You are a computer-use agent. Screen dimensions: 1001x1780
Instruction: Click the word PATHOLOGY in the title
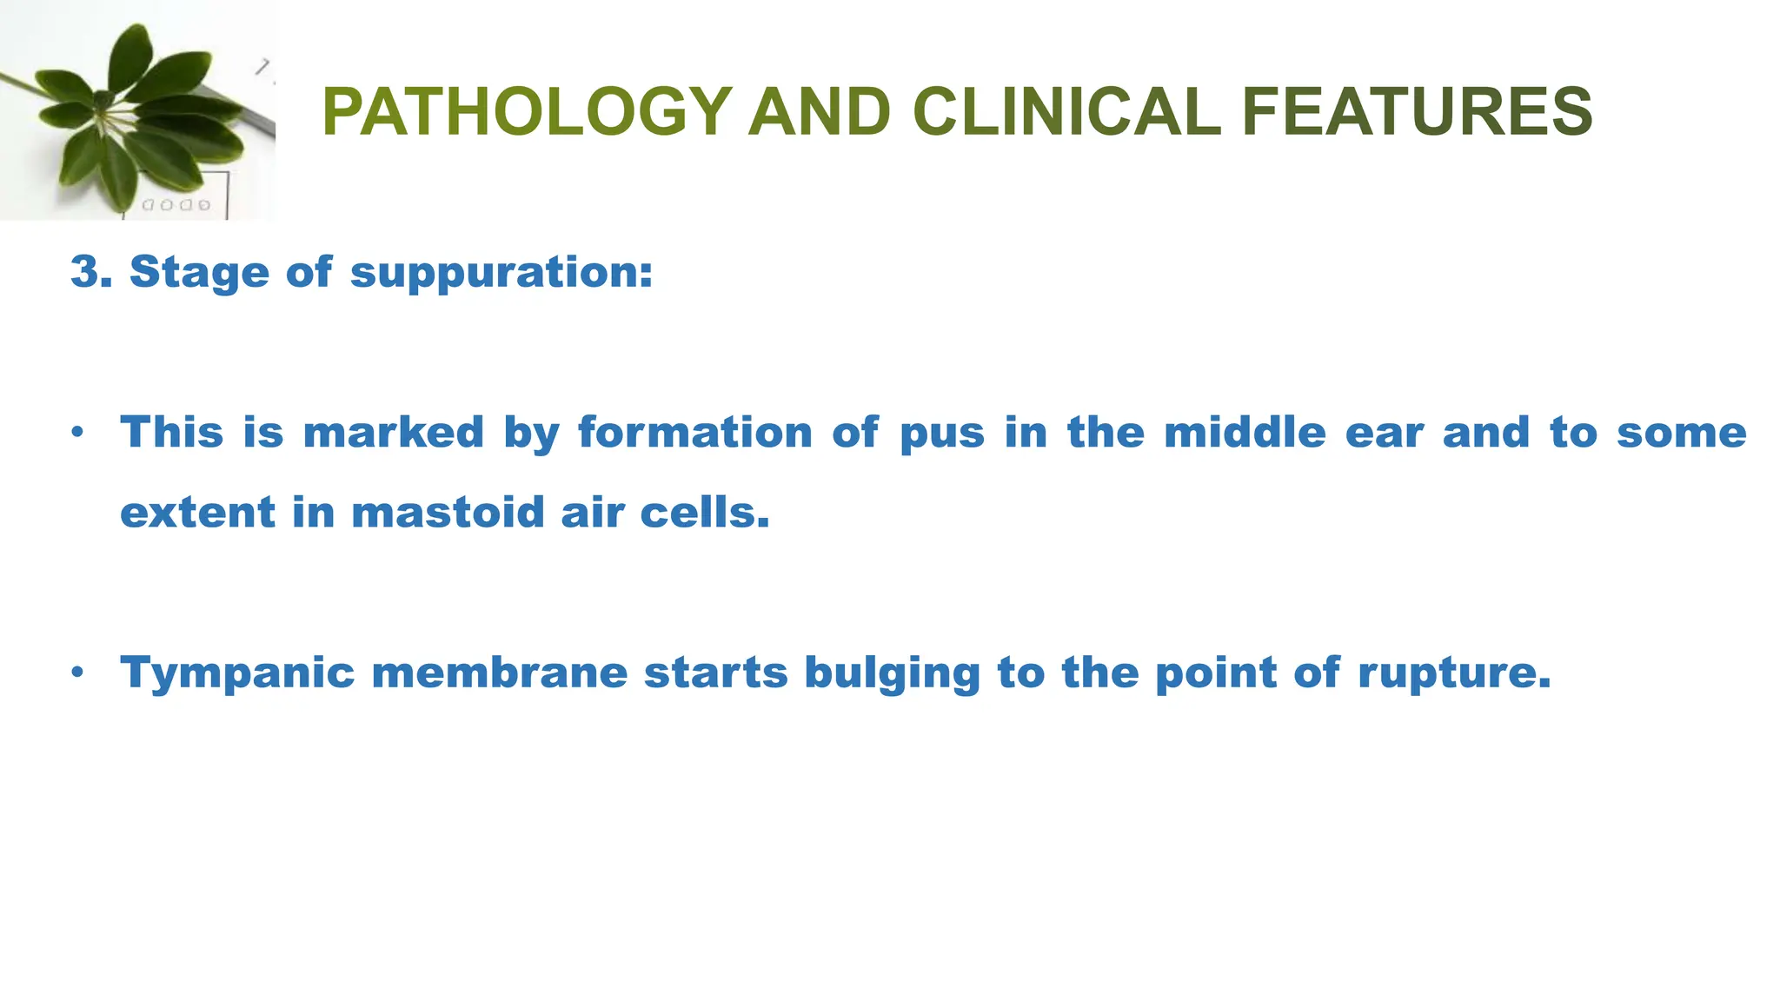click(x=527, y=112)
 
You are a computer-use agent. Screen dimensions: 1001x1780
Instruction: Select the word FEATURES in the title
click(x=1417, y=112)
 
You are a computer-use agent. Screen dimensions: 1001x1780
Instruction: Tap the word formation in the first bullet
click(x=694, y=433)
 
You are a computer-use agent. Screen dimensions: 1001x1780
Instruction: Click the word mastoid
click(x=448, y=513)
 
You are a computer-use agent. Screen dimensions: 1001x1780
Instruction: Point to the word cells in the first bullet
click(x=704, y=513)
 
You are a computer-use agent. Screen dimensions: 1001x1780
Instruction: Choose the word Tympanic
click(x=237, y=674)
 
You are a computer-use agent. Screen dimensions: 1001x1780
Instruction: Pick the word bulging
click(x=892, y=674)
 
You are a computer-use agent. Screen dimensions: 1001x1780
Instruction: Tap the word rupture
click(x=1453, y=674)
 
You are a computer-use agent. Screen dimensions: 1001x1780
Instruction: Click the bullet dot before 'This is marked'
click(x=78, y=432)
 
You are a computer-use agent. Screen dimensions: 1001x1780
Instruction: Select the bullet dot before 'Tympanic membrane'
click(x=78, y=672)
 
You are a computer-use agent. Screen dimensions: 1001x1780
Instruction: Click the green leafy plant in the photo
click(x=130, y=113)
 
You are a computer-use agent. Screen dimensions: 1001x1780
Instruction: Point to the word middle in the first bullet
click(x=1245, y=433)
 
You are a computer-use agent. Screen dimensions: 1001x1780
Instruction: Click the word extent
click(x=196, y=513)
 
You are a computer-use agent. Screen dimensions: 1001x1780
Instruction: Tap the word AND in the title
click(x=820, y=112)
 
